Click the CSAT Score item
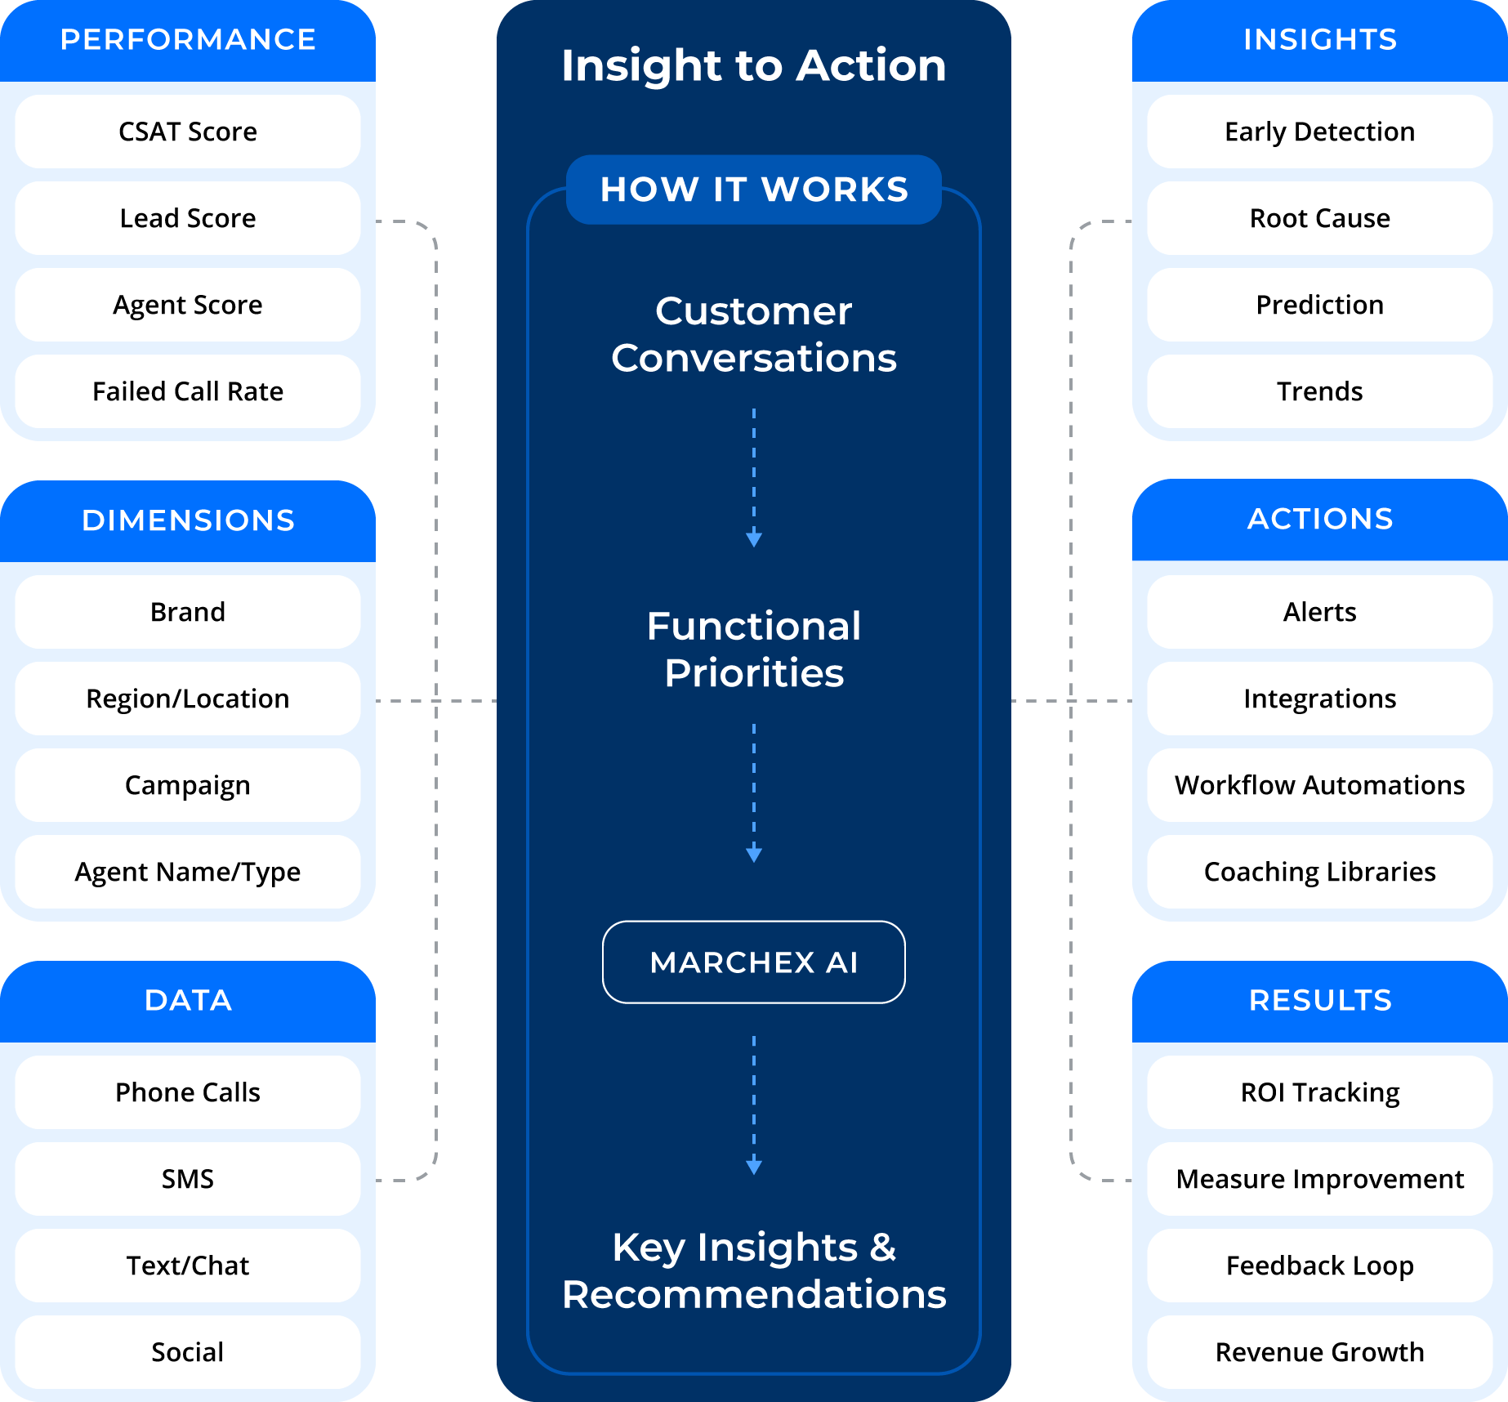click(188, 132)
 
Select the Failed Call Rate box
click(188, 391)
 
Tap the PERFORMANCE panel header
click(188, 40)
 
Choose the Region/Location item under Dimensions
click(188, 699)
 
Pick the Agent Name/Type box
click(188, 872)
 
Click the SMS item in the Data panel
click(188, 1179)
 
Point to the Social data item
click(188, 1352)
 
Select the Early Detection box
click(1319, 132)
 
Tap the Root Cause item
click(1319, 218)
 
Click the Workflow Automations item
click(1319, 785)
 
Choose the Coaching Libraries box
click(1319, 872)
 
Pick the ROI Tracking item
click(1319, 1092)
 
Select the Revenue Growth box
click(1319, 1352)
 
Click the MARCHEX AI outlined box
click(753, 962)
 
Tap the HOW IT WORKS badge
click(753, 190)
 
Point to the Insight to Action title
click(753, 65)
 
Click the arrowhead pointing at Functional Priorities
click(754, 539)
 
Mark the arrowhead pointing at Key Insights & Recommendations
click(754, 1167)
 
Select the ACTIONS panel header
click(1319, 520)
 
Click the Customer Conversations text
click(753, 334)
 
